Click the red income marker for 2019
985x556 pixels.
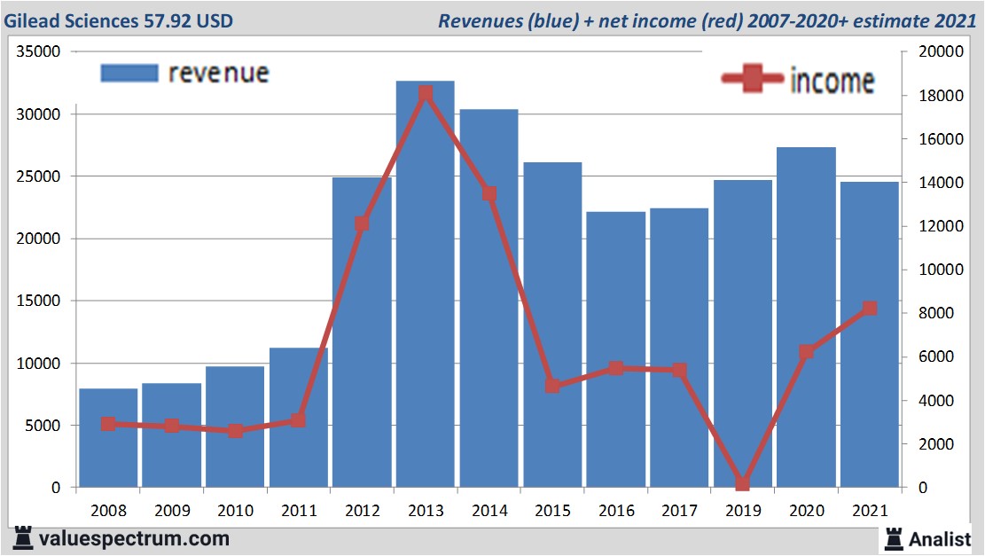[742, 483]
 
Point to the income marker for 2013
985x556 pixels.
[426, 93]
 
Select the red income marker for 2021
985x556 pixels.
[870, 309]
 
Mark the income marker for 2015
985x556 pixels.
[552, 386]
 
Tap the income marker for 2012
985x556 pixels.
[362, 223]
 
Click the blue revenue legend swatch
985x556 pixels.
[129, 73]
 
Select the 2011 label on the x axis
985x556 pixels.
[299, 512]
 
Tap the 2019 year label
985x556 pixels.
[742, 512]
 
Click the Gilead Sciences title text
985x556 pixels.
[120, 20]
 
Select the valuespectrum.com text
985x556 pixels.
[133, 538]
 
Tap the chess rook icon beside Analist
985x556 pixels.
[894, 537]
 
